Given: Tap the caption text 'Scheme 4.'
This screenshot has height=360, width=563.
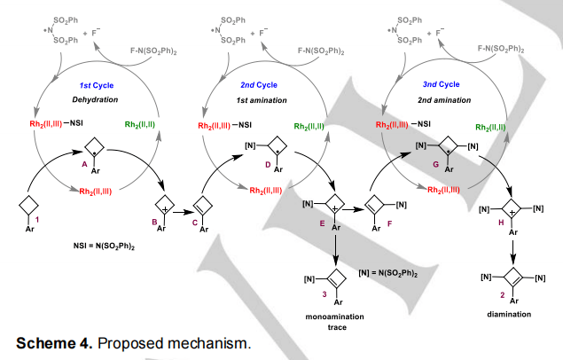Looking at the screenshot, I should tap(55, 341).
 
